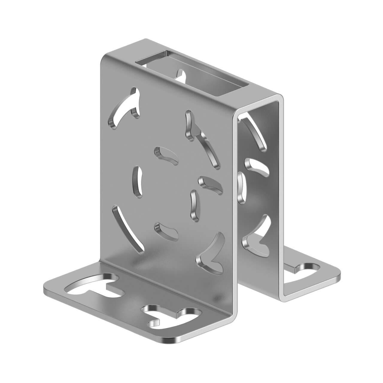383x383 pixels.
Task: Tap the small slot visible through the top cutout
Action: pos(181,75)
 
